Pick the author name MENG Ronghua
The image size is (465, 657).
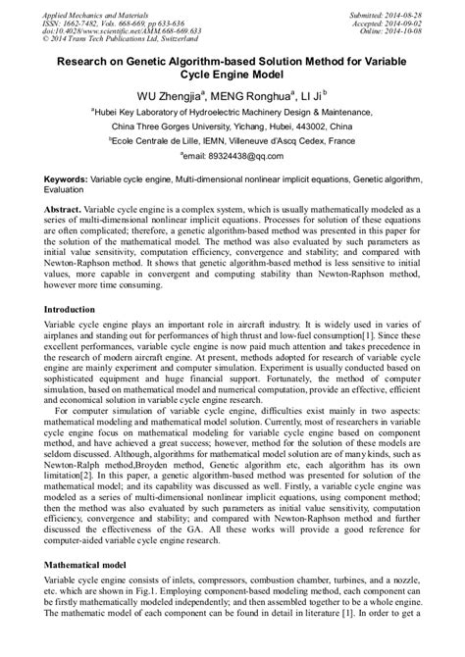[244, 95]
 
